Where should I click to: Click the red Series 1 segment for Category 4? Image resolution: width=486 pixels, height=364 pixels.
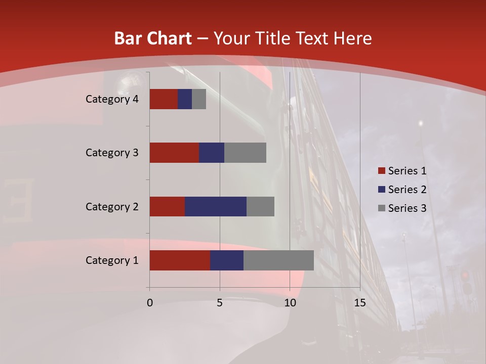pos(164,99)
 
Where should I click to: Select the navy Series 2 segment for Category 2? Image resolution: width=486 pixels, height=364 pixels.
pos(215,206)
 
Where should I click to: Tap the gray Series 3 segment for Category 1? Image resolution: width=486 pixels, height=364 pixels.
pos(278,260)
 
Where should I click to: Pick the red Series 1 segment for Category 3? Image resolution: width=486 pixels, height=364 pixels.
pos(174,153)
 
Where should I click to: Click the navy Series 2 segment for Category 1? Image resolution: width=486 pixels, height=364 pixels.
pos(227,260)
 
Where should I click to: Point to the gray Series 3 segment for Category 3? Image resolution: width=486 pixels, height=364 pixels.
pos(245,153)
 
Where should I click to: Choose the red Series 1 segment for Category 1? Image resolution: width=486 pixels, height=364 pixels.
pos(180,260)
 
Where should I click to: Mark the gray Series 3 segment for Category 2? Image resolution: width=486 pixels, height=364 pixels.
pos(260,206)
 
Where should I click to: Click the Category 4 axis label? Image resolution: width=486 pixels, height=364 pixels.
pos(112,99)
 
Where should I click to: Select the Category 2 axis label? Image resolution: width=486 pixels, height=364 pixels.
pos(112,206)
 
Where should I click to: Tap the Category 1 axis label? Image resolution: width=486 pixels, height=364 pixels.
pos(112,260)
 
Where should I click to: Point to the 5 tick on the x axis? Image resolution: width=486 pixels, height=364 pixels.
pos(220,303)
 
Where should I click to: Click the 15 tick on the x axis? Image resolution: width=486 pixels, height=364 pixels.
pos(359,303)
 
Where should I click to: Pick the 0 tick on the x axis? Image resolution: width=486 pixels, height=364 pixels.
pos(150,303)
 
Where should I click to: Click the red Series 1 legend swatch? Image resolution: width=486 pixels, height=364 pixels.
pos(381,171)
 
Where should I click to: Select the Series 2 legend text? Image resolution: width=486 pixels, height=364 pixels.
pos(407,190)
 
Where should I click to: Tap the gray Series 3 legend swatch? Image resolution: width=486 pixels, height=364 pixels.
pos(381,208)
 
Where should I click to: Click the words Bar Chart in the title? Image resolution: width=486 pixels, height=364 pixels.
pos(153,38)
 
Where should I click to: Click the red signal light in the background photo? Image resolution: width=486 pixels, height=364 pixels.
pos(465,276)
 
